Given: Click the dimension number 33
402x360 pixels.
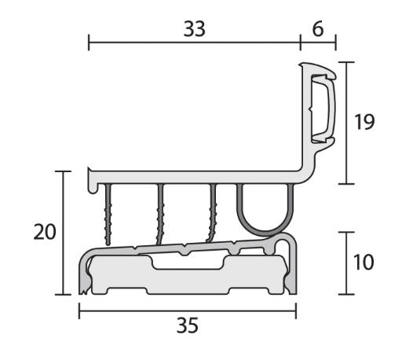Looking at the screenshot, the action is (x=194, y=29).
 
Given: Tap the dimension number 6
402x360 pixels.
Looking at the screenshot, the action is (x=318, y=29).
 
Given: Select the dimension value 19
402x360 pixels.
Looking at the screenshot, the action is (x=364, y=122).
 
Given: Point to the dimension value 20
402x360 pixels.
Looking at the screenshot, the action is (x=45, y=232).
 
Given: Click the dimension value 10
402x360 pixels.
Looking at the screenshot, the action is (x=364, y=263).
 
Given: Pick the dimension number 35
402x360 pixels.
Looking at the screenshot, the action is (x=188, y=325).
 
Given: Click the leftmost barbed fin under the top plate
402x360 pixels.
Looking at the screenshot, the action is (x=108, y=215).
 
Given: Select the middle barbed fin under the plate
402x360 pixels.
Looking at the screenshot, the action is (x=160, y=214).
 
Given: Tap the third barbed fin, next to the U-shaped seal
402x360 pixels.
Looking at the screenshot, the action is (x=212, y=212).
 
